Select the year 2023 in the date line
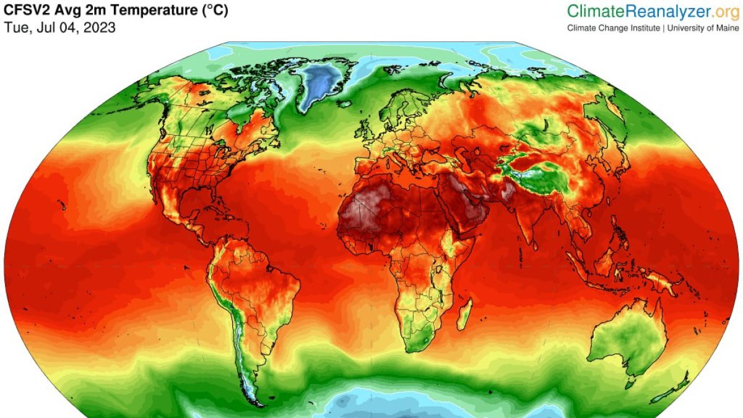(x=100, y=28)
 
